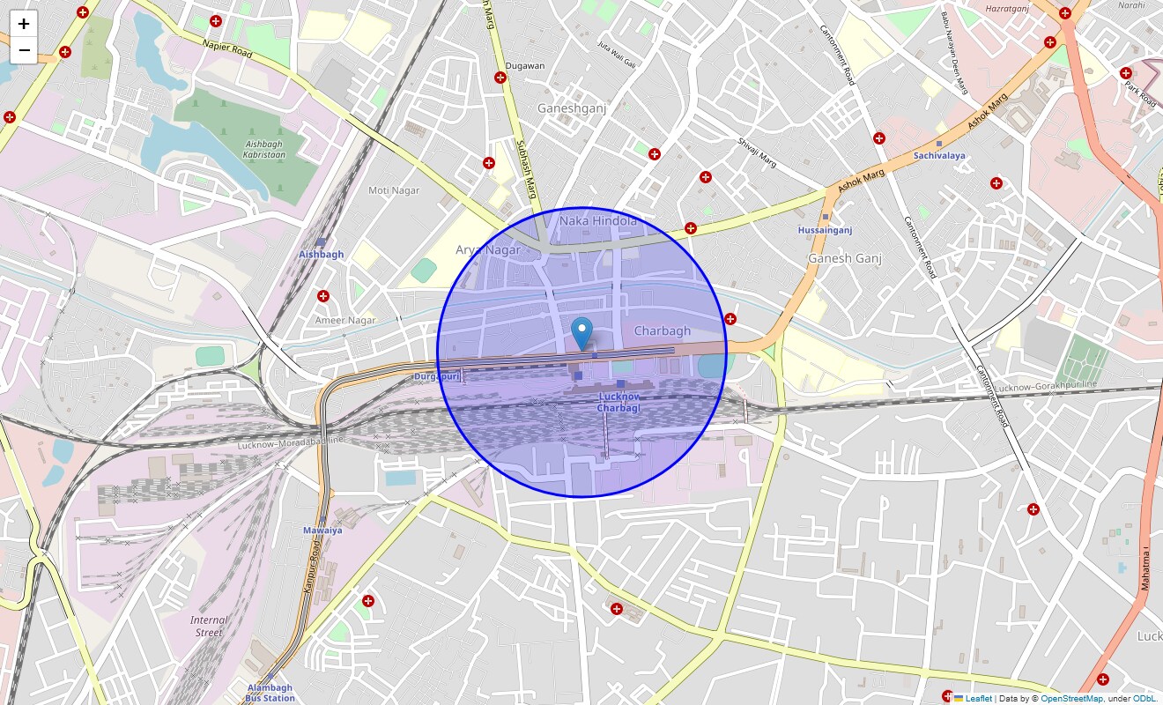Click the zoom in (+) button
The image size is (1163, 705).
coord(24,24)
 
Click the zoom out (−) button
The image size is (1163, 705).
coord(24,50)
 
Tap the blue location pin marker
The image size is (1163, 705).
coord(581,334)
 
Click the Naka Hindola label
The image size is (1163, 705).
coord(597,221)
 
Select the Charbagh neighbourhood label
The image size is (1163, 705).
coord(662,330)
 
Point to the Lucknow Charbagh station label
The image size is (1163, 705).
coord(618,402)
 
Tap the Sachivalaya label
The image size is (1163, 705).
coord(938,155)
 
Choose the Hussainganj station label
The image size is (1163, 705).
coord(825,230)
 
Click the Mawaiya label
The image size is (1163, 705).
coord(322,530)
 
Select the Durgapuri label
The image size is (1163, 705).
coord(437,376)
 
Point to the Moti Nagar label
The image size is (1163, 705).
coord(394,190)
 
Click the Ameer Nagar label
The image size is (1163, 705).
coord(345,321)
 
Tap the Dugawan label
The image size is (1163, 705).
coord(525,65)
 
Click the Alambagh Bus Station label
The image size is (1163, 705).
coord(270,693)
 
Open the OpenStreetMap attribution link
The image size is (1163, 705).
coord(1071,698)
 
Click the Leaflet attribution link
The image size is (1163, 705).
coord(977,698)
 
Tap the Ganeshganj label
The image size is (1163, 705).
coord(573,108)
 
